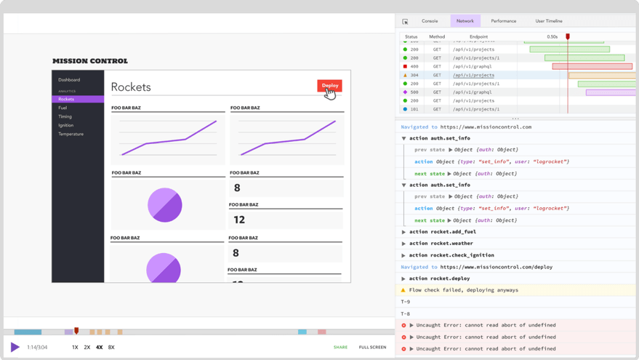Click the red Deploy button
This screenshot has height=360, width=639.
pyautogui.click(x=329, y=86)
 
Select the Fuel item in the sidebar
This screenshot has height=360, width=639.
pyautogui.click(x=63, y=108)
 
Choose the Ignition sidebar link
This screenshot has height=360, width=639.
pyautogui.click(x=66, y=125)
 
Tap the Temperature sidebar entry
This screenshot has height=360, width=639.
pyautogui.click(x=71, y=134)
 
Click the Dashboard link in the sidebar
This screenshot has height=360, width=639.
pyautogui.click(x=69, y=80)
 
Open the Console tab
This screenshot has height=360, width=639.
pyautogui.click(x=430, y=21)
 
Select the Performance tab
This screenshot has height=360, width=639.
pyautogui.click(x=503, y=21)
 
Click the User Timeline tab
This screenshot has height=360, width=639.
pyautogui.click(x=549, y=21)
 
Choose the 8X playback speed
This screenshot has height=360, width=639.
pyautogui.click(x=111, y=348)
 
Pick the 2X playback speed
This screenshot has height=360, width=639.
pyautogui.click(x=87, y=348)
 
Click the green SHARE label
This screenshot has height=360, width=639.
pyautogui.click(x=340, y=348)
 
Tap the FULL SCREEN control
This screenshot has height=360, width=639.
pyautogui.click(x=372, y=348)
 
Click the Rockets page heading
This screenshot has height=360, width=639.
pyautogui.click(x=131, y=87)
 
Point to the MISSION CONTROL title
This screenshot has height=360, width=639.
pyautogui.click(x=89, y=61)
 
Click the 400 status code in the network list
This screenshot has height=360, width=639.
pyautogui.click(x=414, y=66)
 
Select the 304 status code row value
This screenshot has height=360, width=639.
pyautogui.click(x=414, y=75)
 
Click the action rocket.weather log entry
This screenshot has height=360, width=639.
pyautogui.click(x=441, y=244)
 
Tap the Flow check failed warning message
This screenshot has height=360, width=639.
pyautogui.click(x=464, y=290)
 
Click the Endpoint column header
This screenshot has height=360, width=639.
pyautogui.click(x=478, y=36)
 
